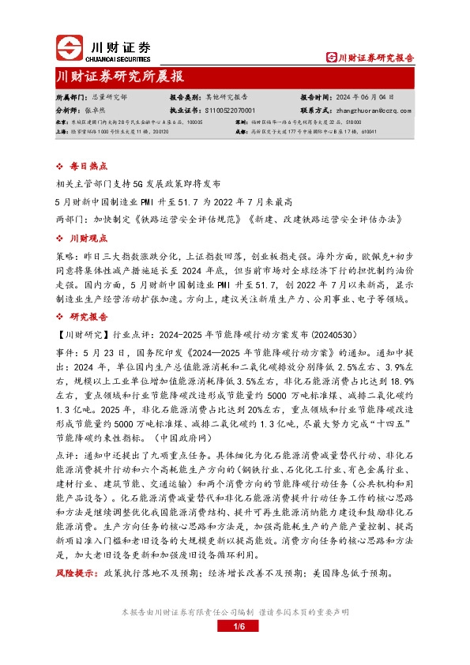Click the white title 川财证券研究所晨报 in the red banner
[119, 77]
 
